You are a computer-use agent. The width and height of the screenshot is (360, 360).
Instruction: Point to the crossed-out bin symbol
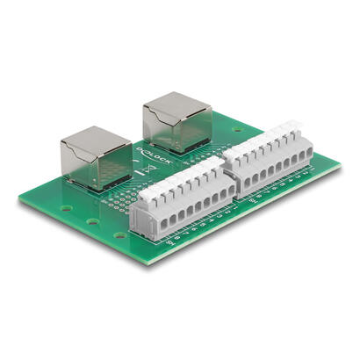[x=148, y=170]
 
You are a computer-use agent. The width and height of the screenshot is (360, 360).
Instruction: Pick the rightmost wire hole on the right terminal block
[x=308, y=157]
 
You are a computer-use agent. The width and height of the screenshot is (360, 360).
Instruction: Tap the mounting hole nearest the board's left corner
[x=67, y=209]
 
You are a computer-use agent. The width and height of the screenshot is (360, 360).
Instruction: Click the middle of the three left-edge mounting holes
[x=91, y=221]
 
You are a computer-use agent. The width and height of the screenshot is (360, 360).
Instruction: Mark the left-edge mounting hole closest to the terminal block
[x=119, y=235]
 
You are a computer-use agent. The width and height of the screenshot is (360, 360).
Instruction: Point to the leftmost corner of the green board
[x=20, y=198]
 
